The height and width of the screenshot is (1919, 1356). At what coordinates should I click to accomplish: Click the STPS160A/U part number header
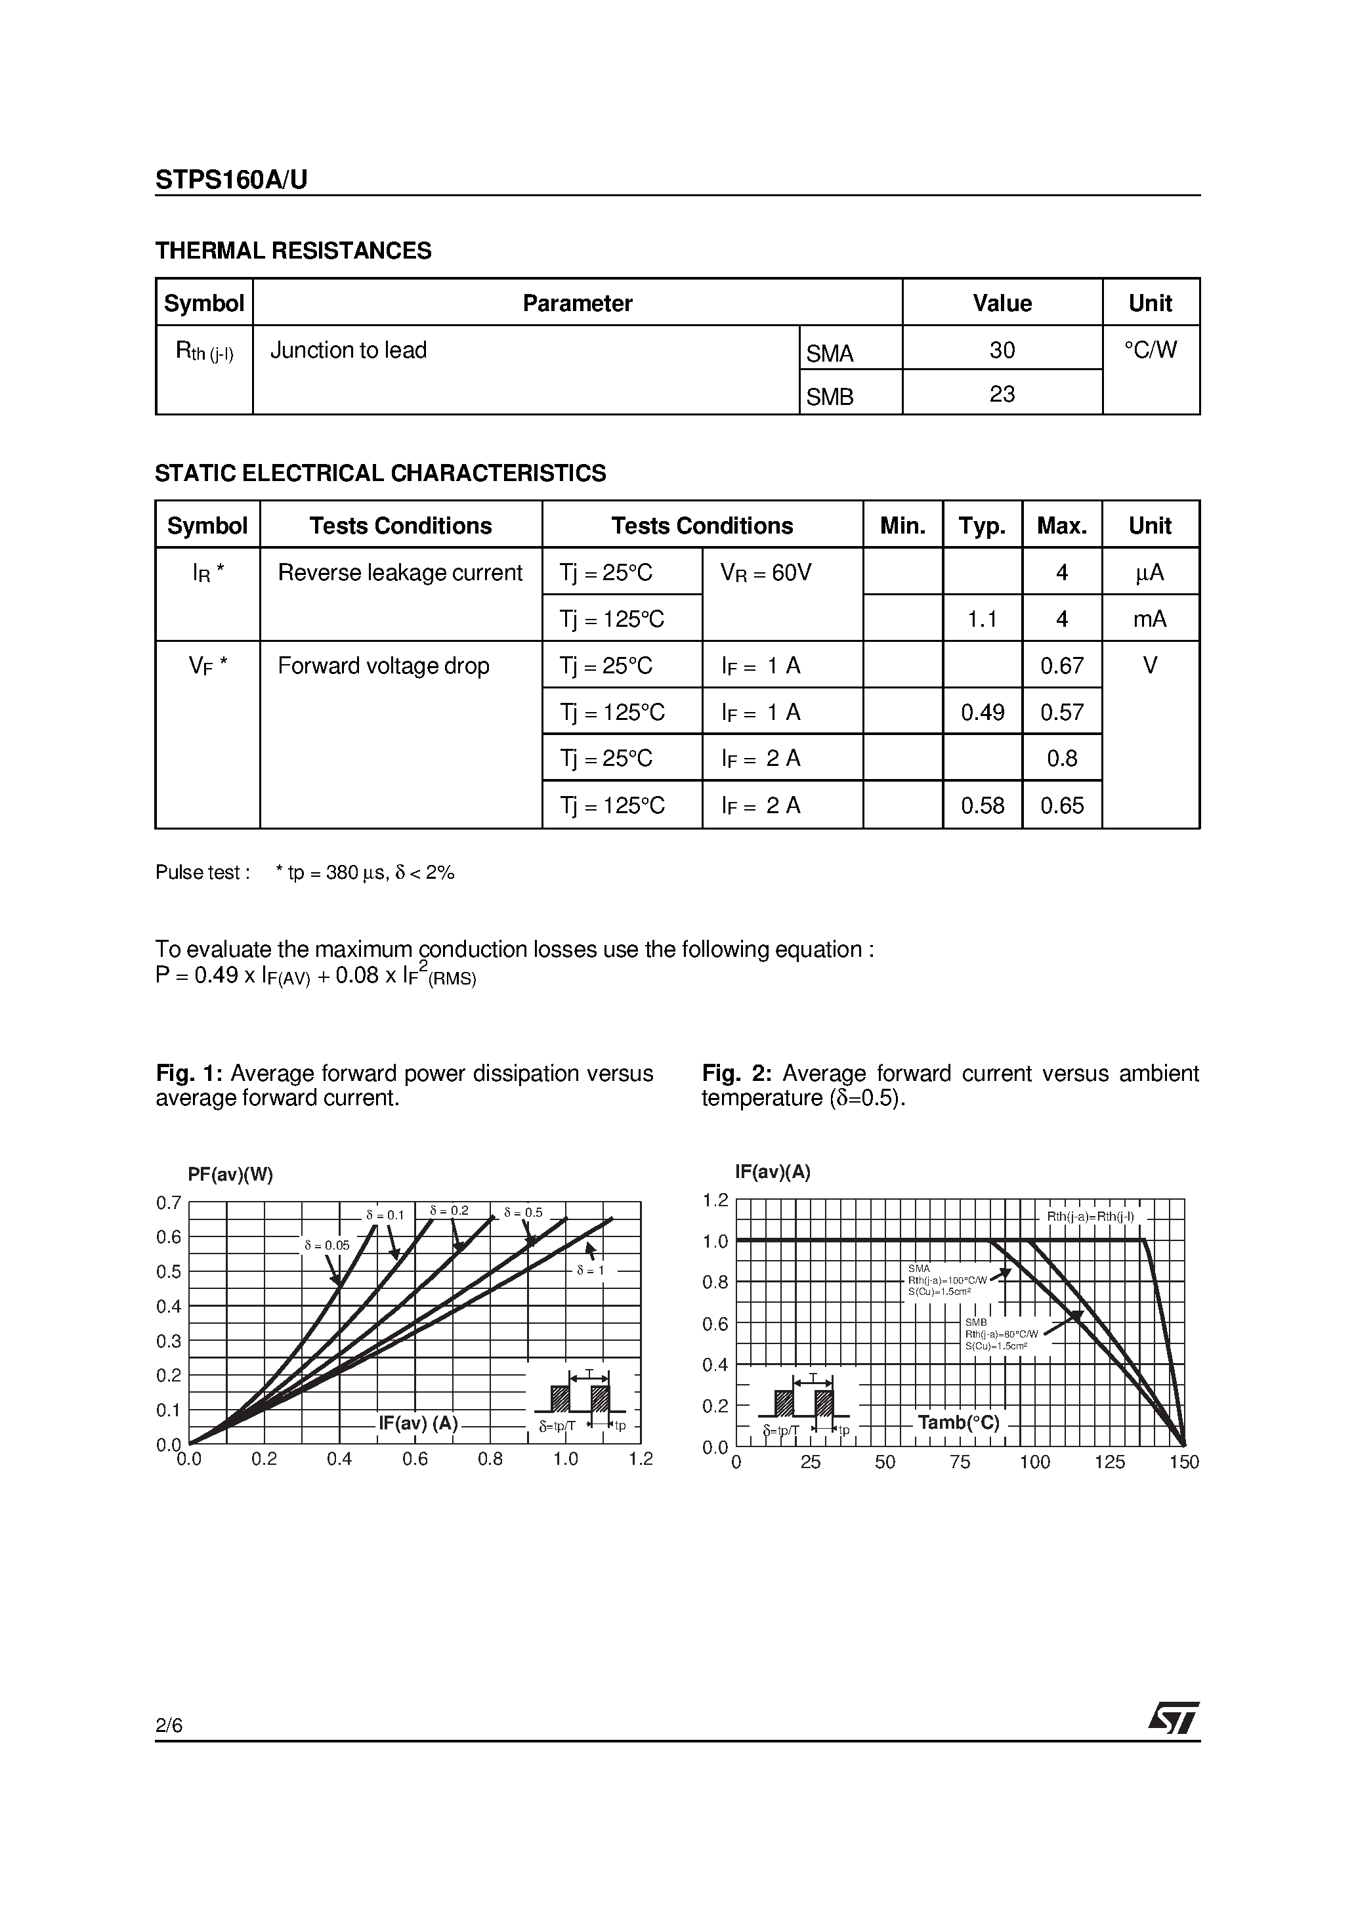tap(231, 180)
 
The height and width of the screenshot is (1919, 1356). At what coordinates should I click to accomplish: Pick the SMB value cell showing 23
tap(1002, 394)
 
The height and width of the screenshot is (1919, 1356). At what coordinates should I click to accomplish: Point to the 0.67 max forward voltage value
tap(1062, 665)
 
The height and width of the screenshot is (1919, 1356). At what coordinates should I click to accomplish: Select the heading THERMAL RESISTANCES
tap(293, 251)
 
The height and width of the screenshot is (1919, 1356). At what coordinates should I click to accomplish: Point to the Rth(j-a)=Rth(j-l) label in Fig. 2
tap(1090, 1216)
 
